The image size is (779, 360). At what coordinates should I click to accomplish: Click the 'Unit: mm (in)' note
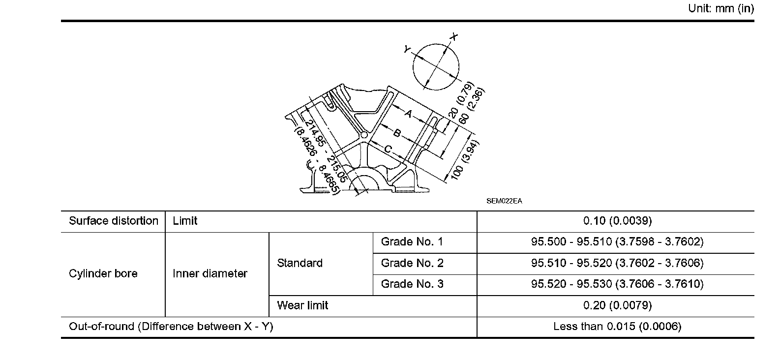pos(720,9)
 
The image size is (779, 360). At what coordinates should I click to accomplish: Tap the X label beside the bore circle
pos(454,37)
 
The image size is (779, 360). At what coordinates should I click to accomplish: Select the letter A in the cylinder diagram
pos(408,114)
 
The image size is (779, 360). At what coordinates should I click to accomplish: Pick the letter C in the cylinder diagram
pos(388,149)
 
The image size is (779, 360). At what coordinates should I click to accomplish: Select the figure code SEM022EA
pos(504,201)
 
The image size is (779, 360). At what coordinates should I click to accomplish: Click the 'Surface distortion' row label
pos(114,221)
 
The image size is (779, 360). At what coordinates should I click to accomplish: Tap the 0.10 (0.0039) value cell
pos(617,221)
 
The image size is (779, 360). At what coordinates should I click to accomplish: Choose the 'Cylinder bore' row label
pos(103,273)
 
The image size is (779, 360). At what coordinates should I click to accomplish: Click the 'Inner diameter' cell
pos(210,273)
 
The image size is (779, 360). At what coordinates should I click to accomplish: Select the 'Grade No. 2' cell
pos(412,263)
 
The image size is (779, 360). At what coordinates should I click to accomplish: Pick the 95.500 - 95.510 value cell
pos(617,242)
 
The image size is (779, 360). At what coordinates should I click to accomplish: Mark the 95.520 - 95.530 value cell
pos(617,284)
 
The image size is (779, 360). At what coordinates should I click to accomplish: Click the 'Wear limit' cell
pos(302,305)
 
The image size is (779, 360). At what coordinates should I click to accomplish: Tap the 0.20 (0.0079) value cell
pos(617,305)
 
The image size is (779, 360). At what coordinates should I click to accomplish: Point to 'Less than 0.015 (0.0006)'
pos(617,327)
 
